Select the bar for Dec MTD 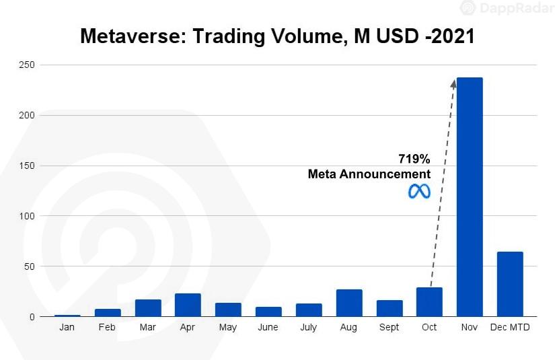pyautogui.click(x=509, y=284)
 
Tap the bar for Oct pyautogui.click(x=429, y=302)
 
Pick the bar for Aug pyautogui.click(x=349, y=303)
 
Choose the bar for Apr pyautogui.click(x=188, y=305)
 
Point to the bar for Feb pyautogui.click(x=108, y=312)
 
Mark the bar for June pyautogui.click(x=268, y=312)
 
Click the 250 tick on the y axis pyautogui.click(x=27, y=65)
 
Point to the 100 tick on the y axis pyautogui.click(x=27, y=216)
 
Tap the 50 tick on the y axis pyautogui.click(x=29, y=266)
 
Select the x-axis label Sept pyautogui.click(x=389, y=328)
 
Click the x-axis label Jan pyautogui.click(x=67, y=328)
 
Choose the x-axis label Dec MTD pyautogui.click(x=509, y=328)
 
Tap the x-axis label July pyautogui.click(x=309, y=328)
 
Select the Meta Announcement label pyautogui.click(x=369, y=174)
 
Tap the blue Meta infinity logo pyautogui.click(x=419, y=191)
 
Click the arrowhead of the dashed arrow pyautogui.click(x=454, y=82)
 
